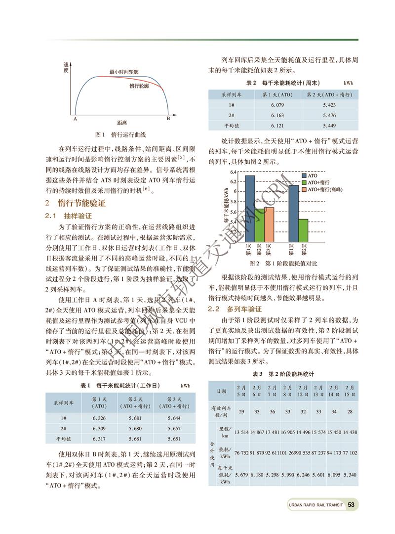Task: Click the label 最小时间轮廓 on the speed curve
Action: [x=124, y=72]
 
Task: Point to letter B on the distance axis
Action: [x=168, y=119]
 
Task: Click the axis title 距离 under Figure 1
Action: [x=121, y=122]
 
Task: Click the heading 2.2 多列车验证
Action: [x=234, y=309]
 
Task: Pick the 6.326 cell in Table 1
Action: [x=99, y=418]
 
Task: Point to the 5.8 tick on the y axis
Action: [x=237, y=202]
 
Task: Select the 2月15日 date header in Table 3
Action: [x=349, y=391]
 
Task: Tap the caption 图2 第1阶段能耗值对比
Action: [x=279, y=263]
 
